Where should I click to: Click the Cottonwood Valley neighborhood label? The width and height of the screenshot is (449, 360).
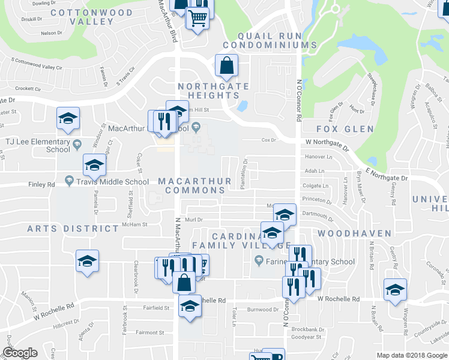pyautogui.click(x=83, y=17)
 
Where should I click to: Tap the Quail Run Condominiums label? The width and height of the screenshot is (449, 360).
pyautogui.click(x=270, y=40)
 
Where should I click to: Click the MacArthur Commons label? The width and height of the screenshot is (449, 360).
pyautogui.click(x=191, y=185)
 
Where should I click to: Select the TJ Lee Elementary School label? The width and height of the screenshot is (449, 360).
pyautogui.click(x=37, y=145)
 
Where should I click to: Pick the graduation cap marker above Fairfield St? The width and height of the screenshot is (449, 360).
pyautogui.click(x=190, y=305)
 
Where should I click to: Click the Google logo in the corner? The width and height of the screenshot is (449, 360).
pyautogui.click(x=20, y=353)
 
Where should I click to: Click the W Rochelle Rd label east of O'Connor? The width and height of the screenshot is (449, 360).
pyautogui.click(x=338, y=299)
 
